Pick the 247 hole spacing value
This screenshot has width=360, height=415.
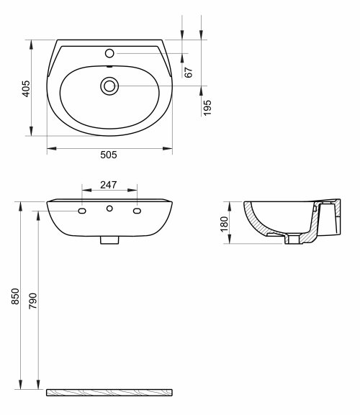click(109, 185)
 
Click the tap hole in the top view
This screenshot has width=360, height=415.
click(109, 53)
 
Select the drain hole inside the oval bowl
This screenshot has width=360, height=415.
click(109, 86)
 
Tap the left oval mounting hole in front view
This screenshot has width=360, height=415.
click(82, 211)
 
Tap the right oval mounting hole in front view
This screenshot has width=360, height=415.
click(137, 211)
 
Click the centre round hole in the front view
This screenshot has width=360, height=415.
click(109, 209)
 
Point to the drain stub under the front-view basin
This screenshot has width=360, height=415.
click(109, 239)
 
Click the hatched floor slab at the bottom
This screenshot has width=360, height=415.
click(110, 393)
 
